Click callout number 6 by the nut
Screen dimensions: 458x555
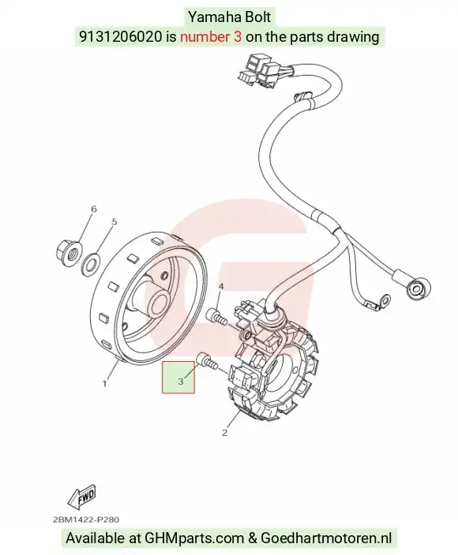pos(94,209)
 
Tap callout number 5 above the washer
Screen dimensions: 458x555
pos(114,222)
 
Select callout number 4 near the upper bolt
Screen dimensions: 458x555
pos(220,286)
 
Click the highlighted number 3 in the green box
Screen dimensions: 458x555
pos(181,382)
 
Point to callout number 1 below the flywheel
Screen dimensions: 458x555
pos(104,383)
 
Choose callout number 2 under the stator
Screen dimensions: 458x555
pos(224,432)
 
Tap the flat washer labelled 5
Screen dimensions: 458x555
pos(91,263)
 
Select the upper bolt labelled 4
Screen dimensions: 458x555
pos(216,316)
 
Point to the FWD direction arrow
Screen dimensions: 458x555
pos(82,496)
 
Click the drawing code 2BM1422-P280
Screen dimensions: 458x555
pos(86,520)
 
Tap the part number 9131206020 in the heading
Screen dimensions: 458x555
pos(120,36)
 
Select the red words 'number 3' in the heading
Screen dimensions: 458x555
pos(211,36)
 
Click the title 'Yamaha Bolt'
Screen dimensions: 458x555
pos(229,17)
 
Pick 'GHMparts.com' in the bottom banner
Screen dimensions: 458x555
pos(194,538)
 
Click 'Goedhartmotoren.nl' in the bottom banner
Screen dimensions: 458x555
pos(326,538)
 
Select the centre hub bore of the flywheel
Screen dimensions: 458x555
pos(159,303)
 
